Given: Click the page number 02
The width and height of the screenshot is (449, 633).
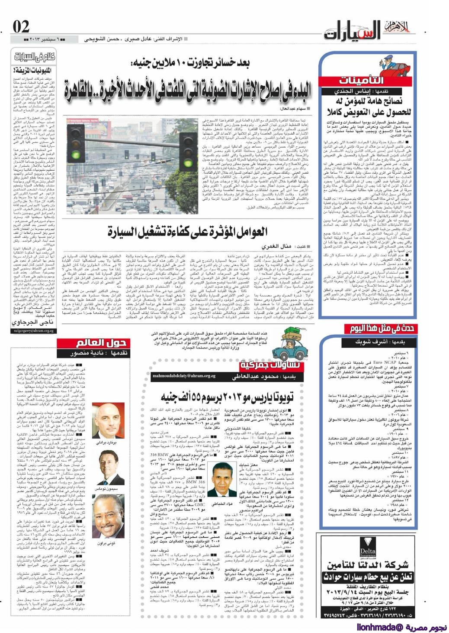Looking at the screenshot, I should (x=21, y=28).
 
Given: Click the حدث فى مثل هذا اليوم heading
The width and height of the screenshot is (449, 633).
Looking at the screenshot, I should (x=382, y=329).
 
